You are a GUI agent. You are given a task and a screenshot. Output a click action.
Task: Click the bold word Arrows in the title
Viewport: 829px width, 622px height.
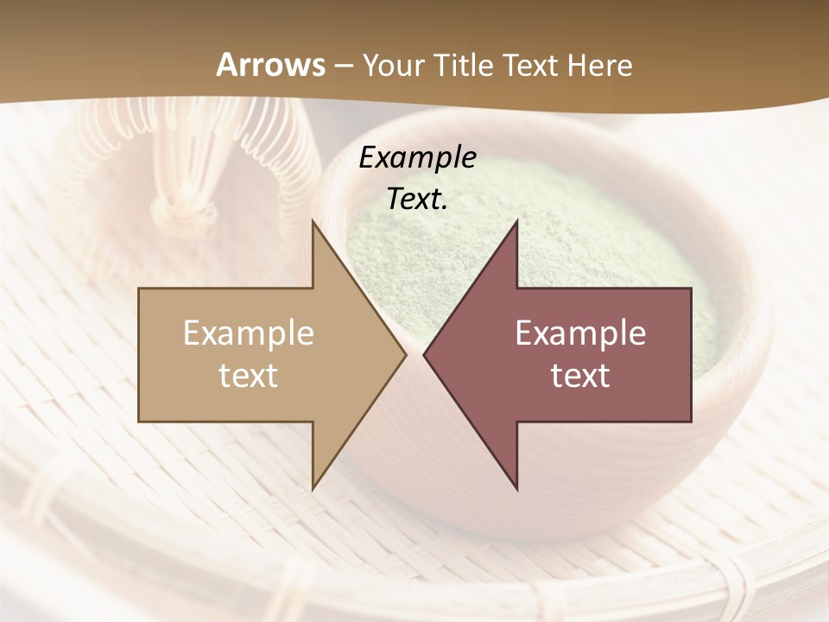270,65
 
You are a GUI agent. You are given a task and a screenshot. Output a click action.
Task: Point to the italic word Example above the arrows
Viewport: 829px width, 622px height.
417,157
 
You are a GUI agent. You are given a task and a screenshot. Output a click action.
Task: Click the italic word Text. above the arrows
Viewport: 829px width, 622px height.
417,199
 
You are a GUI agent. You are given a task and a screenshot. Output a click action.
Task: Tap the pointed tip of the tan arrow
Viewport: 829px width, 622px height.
404,354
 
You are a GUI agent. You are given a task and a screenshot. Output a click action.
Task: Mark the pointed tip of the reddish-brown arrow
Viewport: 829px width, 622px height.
425,354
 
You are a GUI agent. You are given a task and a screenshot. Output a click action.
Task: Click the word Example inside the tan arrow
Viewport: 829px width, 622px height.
249,333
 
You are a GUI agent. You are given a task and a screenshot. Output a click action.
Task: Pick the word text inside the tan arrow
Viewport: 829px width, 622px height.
249,376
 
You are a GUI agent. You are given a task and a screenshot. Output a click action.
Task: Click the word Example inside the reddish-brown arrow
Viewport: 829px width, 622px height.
580,333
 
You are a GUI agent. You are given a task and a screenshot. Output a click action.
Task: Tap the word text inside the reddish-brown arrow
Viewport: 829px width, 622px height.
580,376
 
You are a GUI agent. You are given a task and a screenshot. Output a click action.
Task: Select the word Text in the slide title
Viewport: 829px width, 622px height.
528,65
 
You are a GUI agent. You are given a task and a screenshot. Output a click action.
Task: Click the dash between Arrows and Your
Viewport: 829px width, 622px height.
343,66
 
